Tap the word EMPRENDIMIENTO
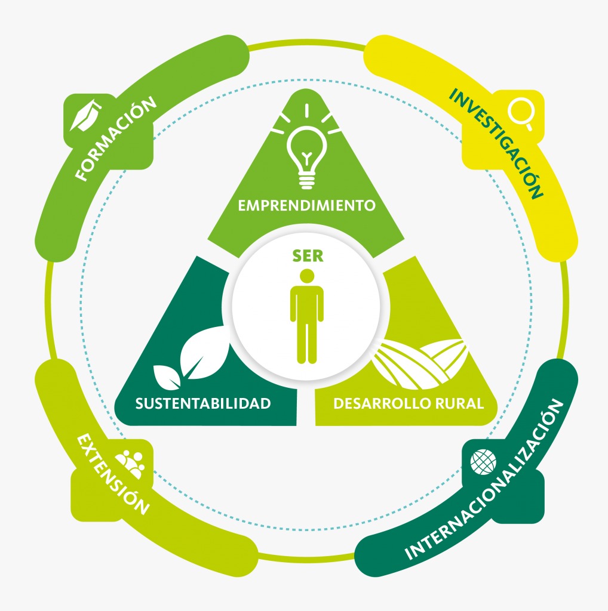307,205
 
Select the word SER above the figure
308,256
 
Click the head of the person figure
307,276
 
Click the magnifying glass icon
520,112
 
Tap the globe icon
483,462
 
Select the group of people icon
131,464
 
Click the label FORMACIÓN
116,138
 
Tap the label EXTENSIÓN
113,474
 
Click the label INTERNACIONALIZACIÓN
484,480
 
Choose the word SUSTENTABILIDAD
203,404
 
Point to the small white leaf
166,377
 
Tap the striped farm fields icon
419,364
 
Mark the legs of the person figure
307,343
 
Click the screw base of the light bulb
307,183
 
